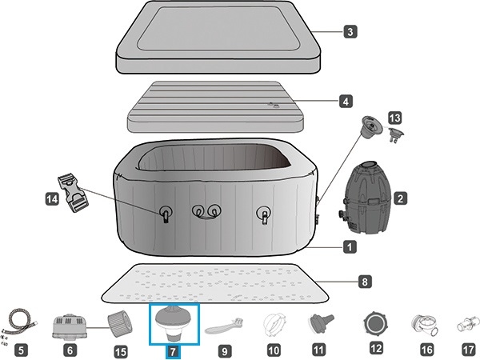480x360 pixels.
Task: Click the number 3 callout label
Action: click(x=350, y=31)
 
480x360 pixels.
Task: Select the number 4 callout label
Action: click(x=346, y=102)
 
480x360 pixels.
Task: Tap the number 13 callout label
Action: click(x=395, y=118)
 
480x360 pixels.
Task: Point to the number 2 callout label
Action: click(x=401, y=198)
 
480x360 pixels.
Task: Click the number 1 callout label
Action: click(x=350, y=246)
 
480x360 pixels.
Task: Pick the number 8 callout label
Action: click(x=365, y=282)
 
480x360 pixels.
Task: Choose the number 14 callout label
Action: click(x=52, y=199)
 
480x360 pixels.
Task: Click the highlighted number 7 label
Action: click(x=173, y=352)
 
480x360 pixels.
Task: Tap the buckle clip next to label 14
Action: click(x=72, y=192)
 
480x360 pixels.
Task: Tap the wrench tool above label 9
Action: click(x=225, y=326)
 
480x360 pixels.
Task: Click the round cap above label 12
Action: click(x=376, y=323)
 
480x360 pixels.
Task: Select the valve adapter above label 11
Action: click(x=321, y=324)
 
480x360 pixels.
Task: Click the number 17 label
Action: click(x=468, y=350)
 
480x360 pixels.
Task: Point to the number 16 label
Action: click(x=426, y=350)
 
